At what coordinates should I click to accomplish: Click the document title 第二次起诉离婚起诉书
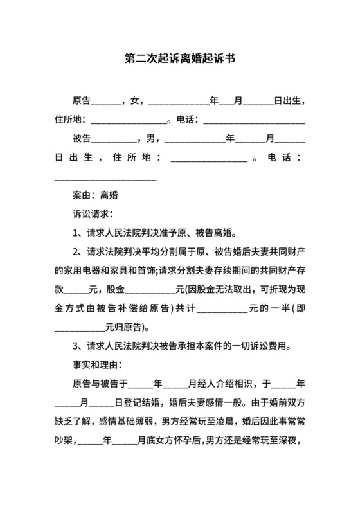[179, 58]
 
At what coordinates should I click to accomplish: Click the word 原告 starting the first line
[82, 101]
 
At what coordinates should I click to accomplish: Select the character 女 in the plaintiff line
[134, 101]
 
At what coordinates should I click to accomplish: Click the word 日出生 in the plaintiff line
[287, 101]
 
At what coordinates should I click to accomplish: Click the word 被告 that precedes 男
[82, 138]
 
